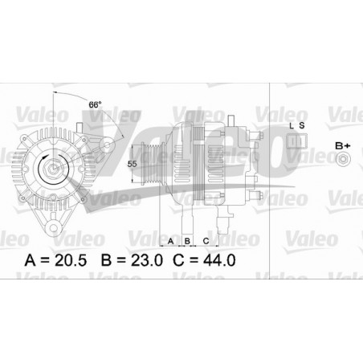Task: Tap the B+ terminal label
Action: [x=342, y=145]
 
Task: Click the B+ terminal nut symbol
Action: [x=342, y=161]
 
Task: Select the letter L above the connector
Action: [x=291, y=126]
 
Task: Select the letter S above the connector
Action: [x=302, y=126]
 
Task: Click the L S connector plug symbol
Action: [x=296, y=141]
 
